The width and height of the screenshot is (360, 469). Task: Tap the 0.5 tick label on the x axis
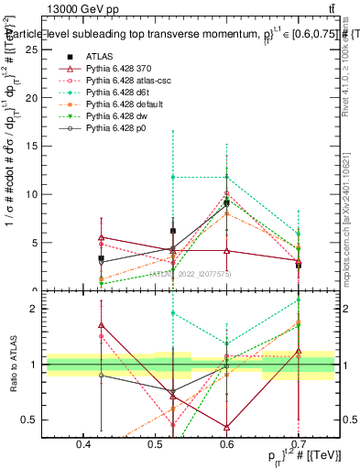[x=156, y=444]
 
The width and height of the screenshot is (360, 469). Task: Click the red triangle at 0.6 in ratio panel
[x=227, y=427]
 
